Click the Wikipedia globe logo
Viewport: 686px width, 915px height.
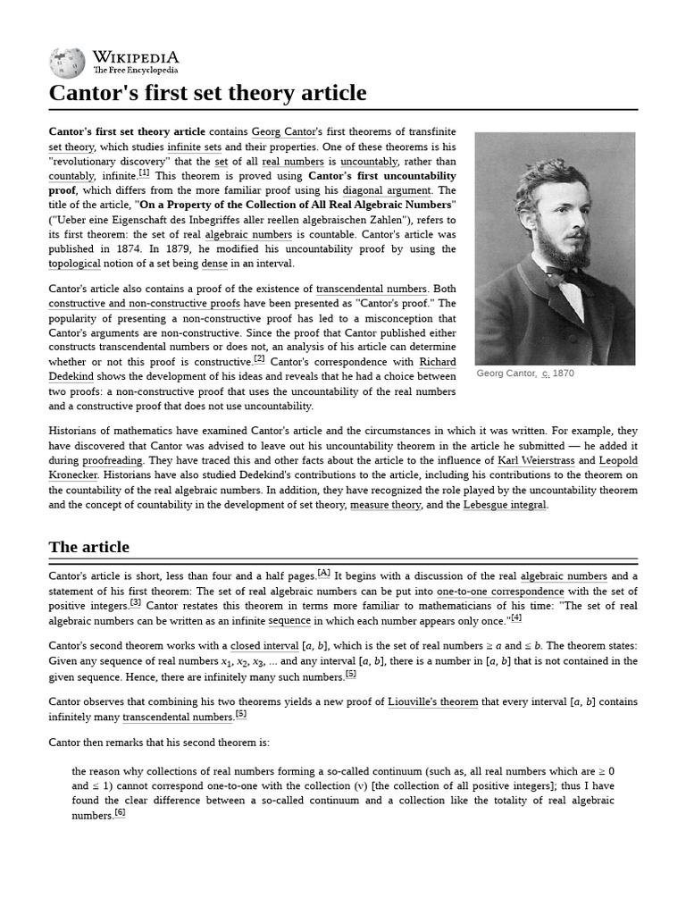(67, 61)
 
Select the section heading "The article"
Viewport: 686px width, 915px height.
(88, 547)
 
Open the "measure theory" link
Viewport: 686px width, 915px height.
(386, 505)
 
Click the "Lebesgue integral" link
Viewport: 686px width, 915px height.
(504, 505)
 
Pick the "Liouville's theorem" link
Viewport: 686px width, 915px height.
(433, 702)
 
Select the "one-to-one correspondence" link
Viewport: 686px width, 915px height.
(500, 592)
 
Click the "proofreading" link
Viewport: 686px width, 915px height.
(98, 461)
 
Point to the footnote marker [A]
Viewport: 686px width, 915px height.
(323, 574)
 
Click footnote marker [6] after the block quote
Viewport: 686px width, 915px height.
(120, 812)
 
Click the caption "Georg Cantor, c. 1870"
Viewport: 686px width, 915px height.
(525, 374)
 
